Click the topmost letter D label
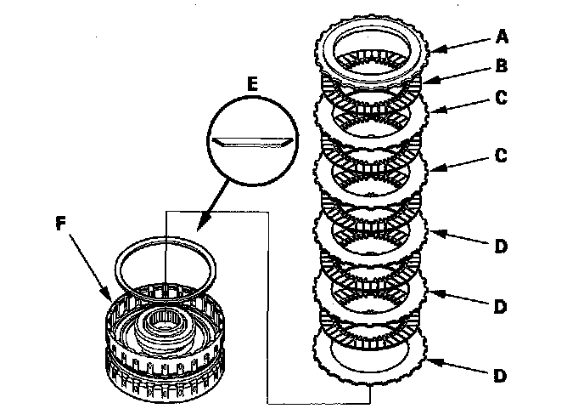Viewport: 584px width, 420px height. click(x=500, y=247)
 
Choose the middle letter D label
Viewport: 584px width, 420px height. click(x=500, y=304)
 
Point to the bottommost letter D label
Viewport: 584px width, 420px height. click(x=500, y=374)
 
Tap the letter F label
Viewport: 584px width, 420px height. click(x=60, y=224)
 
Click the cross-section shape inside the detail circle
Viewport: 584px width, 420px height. click(x=253, y=140)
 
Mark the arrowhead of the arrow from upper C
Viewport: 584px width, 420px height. click(x=430, y=111)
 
